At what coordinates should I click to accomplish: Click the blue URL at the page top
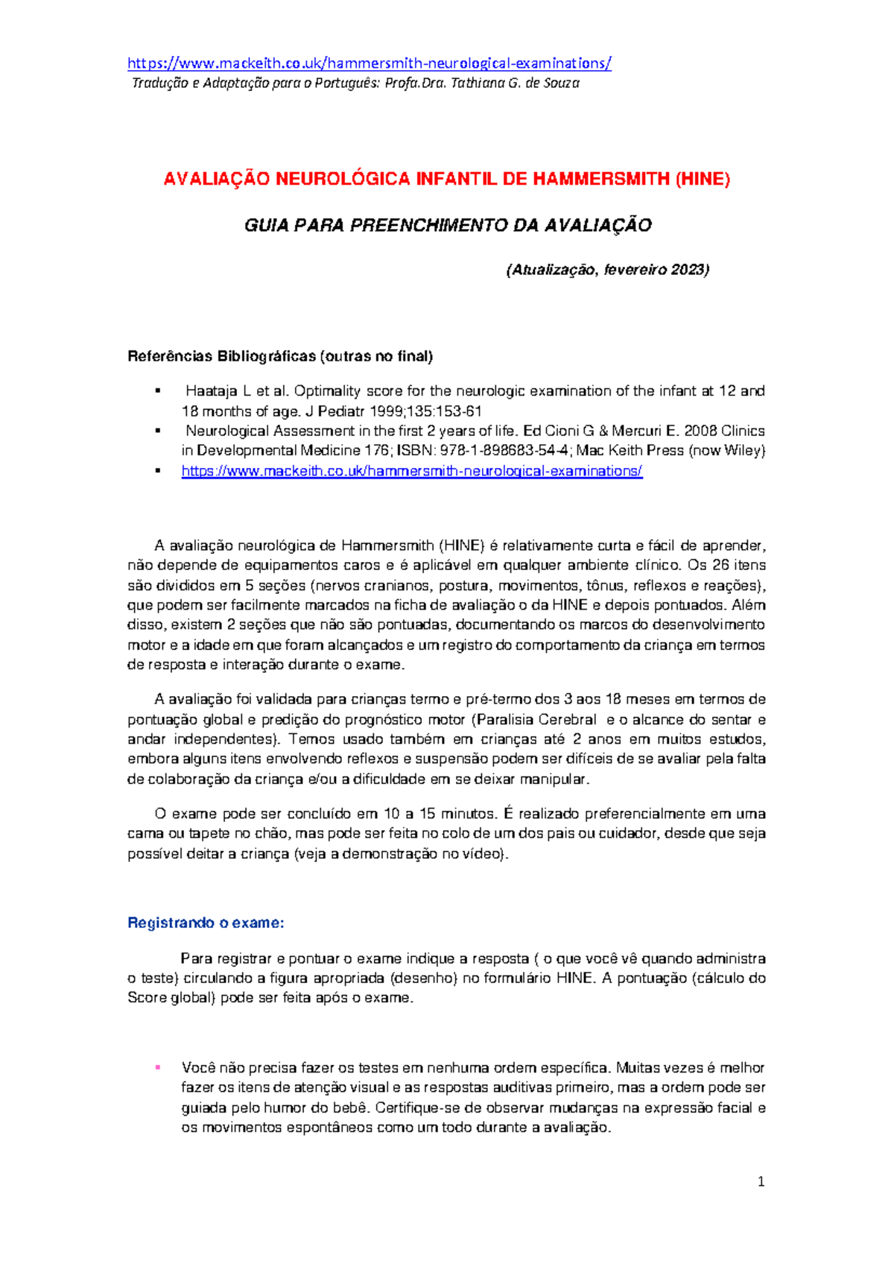pos(370,63)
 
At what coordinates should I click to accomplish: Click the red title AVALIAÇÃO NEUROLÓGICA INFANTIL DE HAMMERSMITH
pos(447,180)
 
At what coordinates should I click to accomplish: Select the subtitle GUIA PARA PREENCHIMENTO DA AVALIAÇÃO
pos(448,226)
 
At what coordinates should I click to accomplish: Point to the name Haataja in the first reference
pos(209,391)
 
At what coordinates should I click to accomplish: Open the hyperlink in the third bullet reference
pos(411,471)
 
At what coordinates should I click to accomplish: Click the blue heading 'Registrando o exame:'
pos(206,923)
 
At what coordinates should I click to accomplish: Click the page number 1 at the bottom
pos(761,1181)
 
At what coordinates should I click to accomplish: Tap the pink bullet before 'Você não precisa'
pos(157,1067)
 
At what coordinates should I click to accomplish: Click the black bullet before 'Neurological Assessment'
pos(157,431)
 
